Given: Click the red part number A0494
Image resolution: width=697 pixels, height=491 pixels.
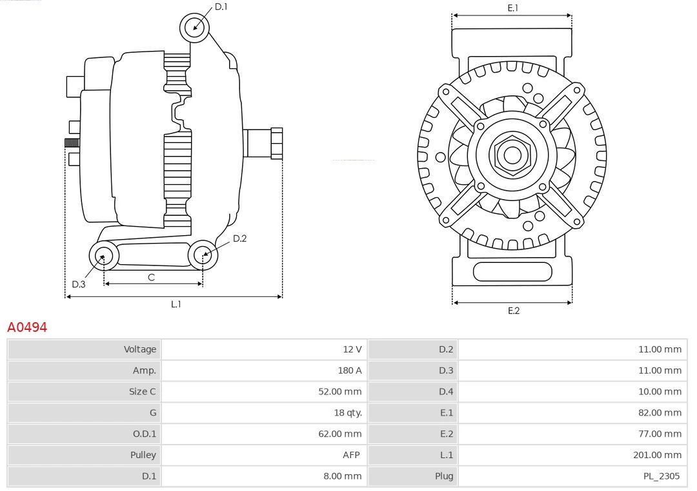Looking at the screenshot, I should pyautogui.click(x=27, y=327).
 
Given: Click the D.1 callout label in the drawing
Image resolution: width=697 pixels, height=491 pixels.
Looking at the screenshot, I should pyautogui.click(x=221, y=6).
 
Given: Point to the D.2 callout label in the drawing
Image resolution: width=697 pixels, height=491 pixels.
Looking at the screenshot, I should pyautogui.click(x=239, y=238).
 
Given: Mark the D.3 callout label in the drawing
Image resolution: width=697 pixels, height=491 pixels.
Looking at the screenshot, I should pyautogui.click(x=79, y=284).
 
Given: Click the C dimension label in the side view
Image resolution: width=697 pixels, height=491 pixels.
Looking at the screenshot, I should pyautogui.click(x=151, y=278).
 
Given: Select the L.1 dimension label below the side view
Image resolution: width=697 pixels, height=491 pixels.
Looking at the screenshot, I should pyautogui.click(x=176, y=304).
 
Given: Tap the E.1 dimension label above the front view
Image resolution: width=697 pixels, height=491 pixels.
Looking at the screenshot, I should pyautogui.click(x=513, y=8).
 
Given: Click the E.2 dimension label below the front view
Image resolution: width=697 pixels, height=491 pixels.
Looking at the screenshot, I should pyautogui.click(x=513, y=311).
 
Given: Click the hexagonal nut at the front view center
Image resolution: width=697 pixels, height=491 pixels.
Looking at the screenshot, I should pyautogui.click(x=512, y=155).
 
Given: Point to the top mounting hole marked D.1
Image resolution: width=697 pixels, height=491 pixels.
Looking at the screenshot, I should pyautogui.click(x=194, y=27).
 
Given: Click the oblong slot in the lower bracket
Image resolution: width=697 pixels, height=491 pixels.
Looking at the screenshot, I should pyautogui.click(x=512, y=271).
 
